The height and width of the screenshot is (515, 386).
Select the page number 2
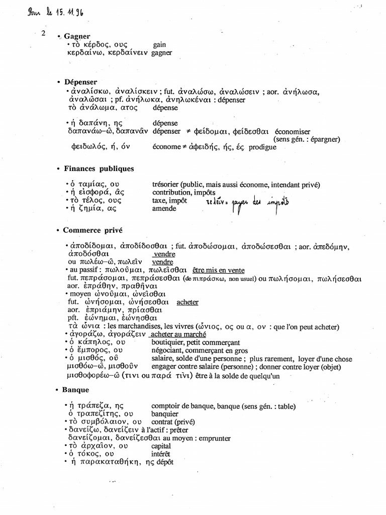(44, 34)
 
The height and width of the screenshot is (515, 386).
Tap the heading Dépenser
(80, 81)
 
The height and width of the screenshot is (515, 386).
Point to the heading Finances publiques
(99, 168)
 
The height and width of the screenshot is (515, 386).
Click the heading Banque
(76, 390)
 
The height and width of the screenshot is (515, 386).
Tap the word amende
(164, 208)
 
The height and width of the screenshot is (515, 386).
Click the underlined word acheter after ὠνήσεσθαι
(187, 302)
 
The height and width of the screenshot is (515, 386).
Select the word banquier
(165, 414)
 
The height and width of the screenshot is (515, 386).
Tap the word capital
(161, 446)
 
